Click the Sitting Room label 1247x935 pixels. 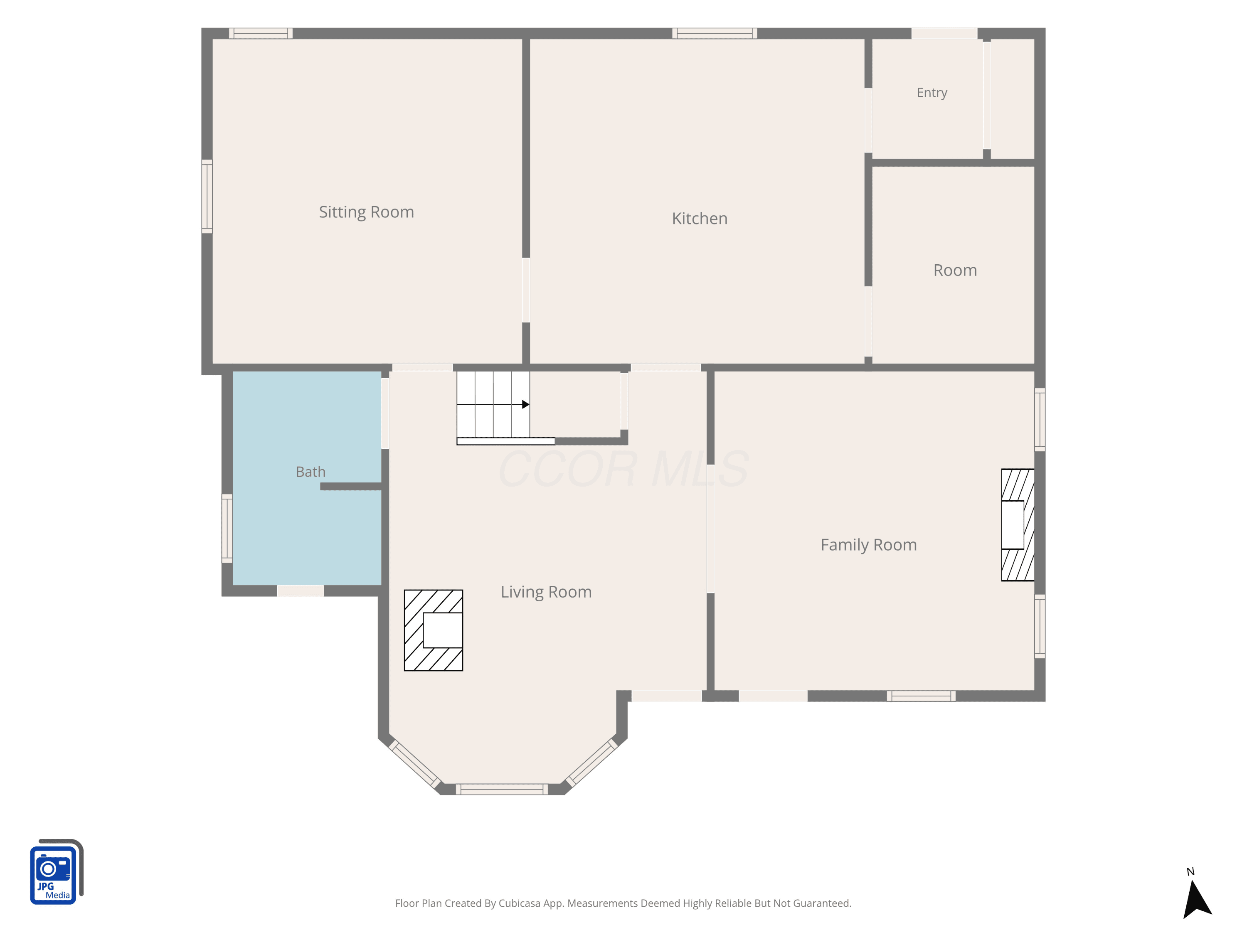(x=367, y=212)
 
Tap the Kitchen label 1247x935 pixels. (x=700, y=218)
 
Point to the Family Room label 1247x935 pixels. (x=868, y=545)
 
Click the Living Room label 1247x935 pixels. (x=546, y=592)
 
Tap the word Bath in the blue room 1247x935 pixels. (x=311, y=472)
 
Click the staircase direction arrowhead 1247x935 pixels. (x=525, y=404)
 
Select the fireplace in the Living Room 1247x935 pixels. (x=433, y=630)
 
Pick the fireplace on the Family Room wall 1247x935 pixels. (x=1018, y=525)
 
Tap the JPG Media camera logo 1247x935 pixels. (x=57, y=871)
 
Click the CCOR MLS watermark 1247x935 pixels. (x=623, y=469)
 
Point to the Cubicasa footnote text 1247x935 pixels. (x=623, y=903)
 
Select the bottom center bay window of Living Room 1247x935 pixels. (x=502, y=789)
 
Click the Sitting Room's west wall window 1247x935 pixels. (x=207, y=196)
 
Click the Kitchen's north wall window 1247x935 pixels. (x=714, y=33)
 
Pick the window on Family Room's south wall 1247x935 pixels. (x=921, y=696)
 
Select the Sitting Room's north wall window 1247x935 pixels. (x=261, y=33)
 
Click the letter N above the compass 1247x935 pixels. (x=1190, y=872)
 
